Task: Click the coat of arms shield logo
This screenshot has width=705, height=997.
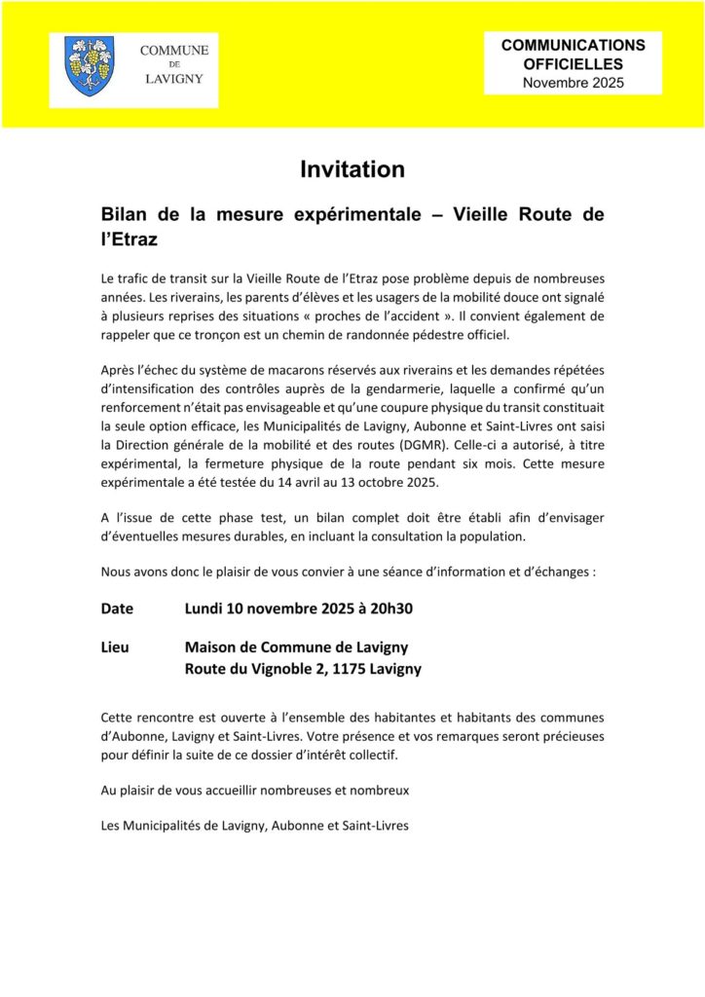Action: point(90,65)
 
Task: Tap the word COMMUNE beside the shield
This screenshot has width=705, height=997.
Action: point(174,50)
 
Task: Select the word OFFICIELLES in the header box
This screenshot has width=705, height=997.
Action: point(573,64)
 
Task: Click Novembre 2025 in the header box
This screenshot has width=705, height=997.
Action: point(573,83)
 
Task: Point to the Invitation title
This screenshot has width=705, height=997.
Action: point(352,169)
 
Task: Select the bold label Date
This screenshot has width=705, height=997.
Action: point(117,609)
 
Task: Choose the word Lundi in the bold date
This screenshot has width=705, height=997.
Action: point(204,609)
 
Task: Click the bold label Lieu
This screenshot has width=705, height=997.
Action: point(115,647)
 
